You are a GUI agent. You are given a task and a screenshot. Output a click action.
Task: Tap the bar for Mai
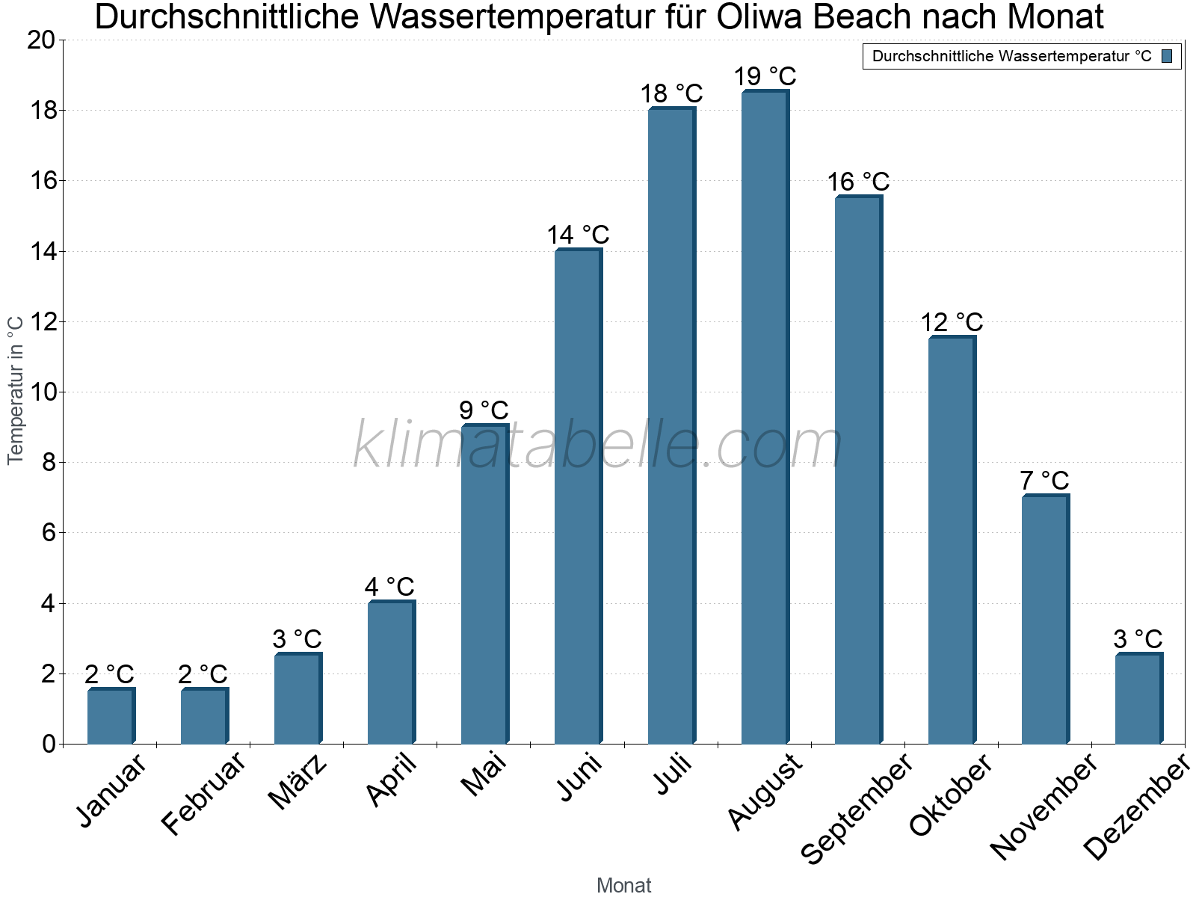click(x=484, y=584)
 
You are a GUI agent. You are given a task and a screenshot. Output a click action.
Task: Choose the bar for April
click(x=391, y=672)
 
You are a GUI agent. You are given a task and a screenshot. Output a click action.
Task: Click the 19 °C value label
click(x=765, y=76)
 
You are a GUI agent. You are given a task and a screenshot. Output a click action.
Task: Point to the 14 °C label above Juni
click(x=578, y=235)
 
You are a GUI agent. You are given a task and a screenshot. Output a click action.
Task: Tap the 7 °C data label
click(x=1044, y=481)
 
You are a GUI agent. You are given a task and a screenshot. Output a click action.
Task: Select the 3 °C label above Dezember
click(x=1138, y=639)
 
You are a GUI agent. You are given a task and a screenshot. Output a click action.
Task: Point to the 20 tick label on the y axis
click(x=40, y=40)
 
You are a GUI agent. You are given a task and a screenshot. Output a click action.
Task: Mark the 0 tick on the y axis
click(x=49, y=744)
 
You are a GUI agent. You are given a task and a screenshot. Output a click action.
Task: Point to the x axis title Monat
click(x=623, y=885)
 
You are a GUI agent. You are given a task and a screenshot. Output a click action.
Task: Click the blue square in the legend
click(x=1167, y=56)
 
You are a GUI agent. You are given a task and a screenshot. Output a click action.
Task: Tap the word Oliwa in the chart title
click(x=760, y=17)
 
